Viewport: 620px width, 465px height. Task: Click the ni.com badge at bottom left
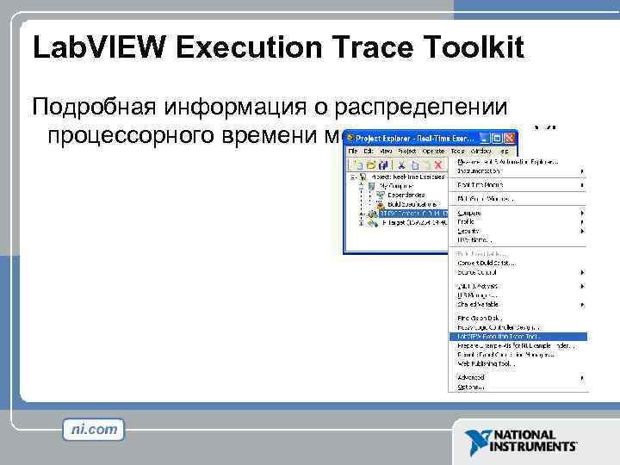[93, 429]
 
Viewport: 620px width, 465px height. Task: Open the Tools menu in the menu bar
[457, 151]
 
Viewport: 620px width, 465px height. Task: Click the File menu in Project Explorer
[353, 151]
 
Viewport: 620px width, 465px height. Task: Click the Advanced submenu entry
[473, 377]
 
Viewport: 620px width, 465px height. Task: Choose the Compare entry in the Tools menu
[470, 213]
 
